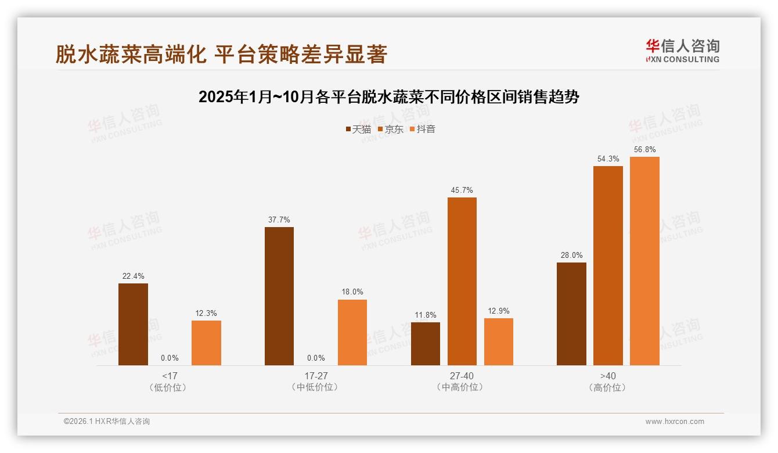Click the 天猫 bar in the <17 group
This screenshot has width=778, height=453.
(x=133, y=324)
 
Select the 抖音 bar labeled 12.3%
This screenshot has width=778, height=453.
(x=206, y=343)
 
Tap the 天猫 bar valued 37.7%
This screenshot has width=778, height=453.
(x=279, y=296)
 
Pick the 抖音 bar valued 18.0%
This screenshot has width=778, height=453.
(x=352, y=332)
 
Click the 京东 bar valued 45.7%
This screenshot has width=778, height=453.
(x=462, y=281)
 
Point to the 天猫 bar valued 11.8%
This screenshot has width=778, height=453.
(x=426, y=344)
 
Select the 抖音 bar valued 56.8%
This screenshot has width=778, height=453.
(x=644, y=261)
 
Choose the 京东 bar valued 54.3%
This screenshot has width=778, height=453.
(x=608, y=265)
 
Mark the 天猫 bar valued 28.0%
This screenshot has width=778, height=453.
(x=571, y=314)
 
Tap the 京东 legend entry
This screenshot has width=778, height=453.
(x=391, y=129)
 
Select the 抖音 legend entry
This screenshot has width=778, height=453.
(x=423, y=129)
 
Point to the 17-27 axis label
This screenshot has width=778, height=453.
(x=316, y=376)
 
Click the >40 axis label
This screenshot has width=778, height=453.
(x=608, y=376)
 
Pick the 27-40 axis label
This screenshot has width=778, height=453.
(x=462, y=376)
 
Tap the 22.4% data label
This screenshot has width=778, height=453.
(x=133, y=276)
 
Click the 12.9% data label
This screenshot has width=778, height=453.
(x=498, y=311)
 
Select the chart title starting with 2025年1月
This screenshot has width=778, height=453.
(x=389, y=97)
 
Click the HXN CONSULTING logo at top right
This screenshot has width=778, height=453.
(x=682, y=51)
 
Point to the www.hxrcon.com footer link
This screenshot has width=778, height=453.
(x=675, y=422)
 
